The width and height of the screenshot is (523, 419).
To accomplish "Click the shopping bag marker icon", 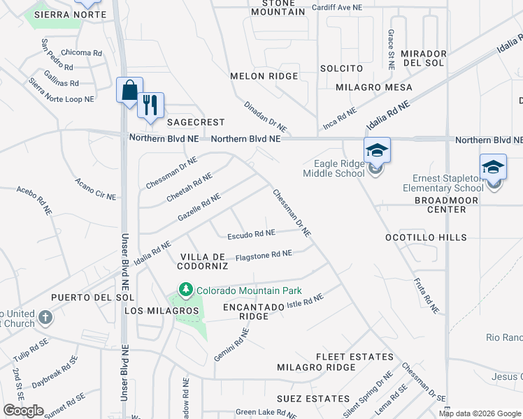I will tap(129, 90).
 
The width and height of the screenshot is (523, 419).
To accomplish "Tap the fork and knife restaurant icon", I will tap(150, 105).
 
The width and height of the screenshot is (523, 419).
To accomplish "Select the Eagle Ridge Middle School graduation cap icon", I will tap(376, 151).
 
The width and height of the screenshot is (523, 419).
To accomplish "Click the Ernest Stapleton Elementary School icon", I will tap(493, 168).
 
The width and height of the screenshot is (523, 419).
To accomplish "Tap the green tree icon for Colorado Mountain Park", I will tap(185, 289).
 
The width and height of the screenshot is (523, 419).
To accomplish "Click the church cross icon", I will tap(45, 318).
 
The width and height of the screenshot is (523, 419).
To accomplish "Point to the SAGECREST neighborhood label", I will tap(196, 122).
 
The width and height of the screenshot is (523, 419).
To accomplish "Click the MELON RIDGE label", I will tap(264, 76).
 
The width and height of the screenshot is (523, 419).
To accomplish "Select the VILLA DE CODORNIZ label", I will tap(204, 261).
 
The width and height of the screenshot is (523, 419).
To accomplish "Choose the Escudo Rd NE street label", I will tap(251, 233).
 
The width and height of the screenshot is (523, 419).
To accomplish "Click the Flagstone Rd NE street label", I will tap(264, 255).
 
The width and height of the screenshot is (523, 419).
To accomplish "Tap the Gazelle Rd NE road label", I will tap(199, 207).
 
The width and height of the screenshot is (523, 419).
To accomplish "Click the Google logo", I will tap(23, 411).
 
